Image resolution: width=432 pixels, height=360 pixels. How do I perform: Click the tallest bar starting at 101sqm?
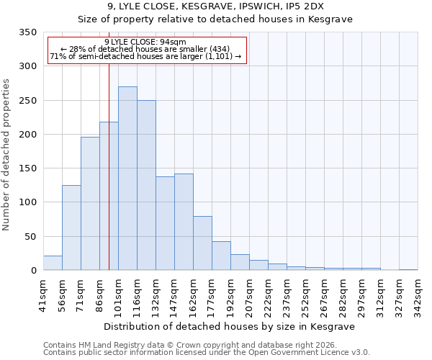coord(127,179)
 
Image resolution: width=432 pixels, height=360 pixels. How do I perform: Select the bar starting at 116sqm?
coord(146,185)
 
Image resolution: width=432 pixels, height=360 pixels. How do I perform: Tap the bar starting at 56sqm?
coord(71,228)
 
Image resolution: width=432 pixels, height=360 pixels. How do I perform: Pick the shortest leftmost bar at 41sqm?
coord(53,263)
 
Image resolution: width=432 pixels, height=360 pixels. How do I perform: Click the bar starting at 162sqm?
coord(202,243)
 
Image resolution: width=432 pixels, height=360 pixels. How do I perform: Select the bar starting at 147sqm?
coord(184,222)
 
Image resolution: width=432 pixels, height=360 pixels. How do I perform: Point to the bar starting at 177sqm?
coord(221,256)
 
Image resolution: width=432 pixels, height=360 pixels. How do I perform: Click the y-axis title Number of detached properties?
coord(6,156)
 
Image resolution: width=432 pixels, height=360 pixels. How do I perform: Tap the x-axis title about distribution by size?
coord(230,326)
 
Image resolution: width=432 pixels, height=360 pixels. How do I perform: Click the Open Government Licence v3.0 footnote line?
coord(206,352)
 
